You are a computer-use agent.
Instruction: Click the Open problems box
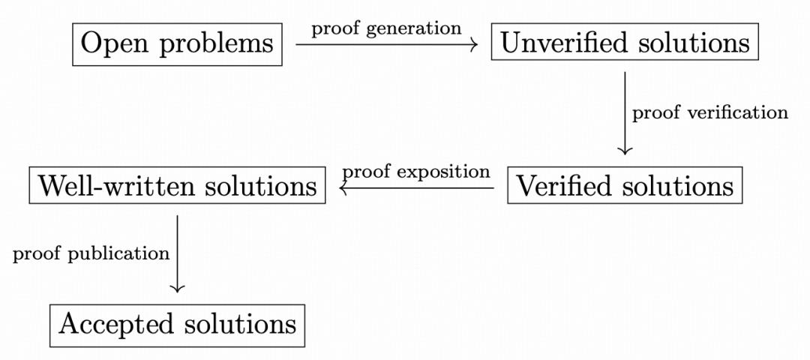click(177, 44)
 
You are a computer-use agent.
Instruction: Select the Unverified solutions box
click(625, 41)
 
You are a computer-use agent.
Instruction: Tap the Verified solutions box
click(625, 185)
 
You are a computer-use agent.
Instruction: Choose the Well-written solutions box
click(177, 185)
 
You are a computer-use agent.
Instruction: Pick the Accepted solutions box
click(177, 325)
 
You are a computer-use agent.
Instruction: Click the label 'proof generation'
click(386, 29)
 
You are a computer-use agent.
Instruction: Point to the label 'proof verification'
click(710, 112)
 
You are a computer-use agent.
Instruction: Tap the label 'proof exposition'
click(416, 171)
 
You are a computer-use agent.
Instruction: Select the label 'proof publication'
click(91, 253)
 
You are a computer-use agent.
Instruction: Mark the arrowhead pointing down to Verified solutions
click(625, 151)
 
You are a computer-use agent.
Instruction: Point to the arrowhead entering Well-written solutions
click(343, 188)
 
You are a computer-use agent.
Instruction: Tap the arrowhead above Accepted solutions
click(177, 289)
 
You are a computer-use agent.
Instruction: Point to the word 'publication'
click(117, 253)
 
